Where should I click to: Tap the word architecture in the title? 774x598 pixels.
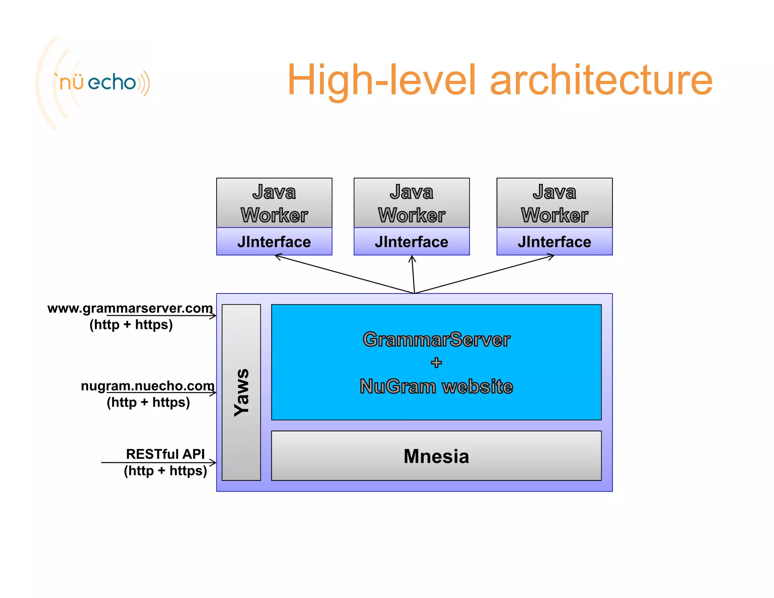[601, 80]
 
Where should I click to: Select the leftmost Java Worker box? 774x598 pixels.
[274, 203]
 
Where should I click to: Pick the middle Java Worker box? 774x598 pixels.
[412, 203]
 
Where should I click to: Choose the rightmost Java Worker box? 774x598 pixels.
[554, 203]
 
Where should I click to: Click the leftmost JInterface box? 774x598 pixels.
[274, 242]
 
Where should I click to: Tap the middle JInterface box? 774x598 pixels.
[412, 242]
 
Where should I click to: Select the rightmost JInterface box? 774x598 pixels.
[554, 242]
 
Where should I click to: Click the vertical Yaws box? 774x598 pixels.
[241, 392]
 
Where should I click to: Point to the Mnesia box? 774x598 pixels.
[436, 456]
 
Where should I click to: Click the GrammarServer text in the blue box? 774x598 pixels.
[436, 339]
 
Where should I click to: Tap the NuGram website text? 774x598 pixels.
[436, 386]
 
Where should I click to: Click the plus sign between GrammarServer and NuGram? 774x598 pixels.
[436, 363]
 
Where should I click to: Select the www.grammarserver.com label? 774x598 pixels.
[130, 308]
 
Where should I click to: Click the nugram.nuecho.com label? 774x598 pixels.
[147, 386]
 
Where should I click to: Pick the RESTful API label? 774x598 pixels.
[165, 454]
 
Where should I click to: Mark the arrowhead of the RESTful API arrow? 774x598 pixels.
[214, 463]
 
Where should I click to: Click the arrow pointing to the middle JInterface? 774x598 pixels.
[413, 274]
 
